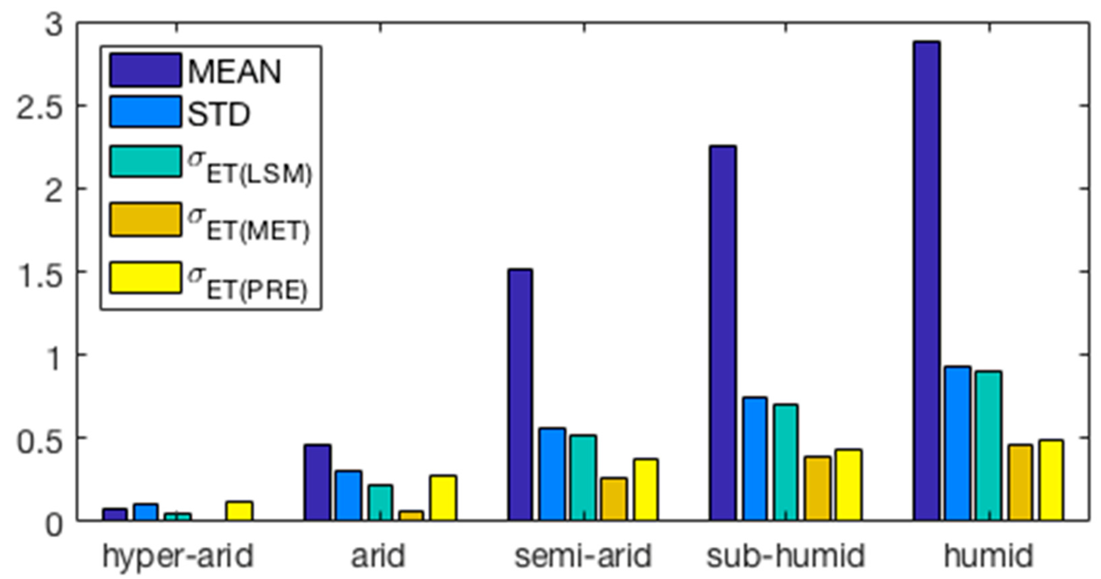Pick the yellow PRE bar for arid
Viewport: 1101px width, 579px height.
click(443, 498)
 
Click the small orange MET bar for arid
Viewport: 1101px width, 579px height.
click(411, 515)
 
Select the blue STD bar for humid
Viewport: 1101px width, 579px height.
click(958, 443)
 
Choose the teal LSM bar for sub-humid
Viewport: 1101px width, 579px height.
click(785, 462)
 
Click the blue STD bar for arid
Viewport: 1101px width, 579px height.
click(349, 495)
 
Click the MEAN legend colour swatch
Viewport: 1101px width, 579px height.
click(145, 70)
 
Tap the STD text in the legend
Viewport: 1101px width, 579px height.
click(219, 114)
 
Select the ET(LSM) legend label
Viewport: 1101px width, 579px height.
click(250, 167)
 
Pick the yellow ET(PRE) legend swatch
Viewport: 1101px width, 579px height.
click(145, 278)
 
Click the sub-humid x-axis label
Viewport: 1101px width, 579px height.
click(785, 556)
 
